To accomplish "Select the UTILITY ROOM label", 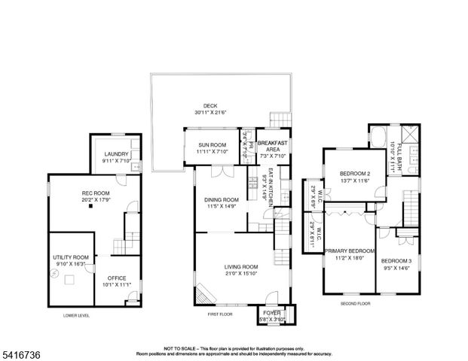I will (x=70, y=257).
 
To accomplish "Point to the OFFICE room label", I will (x=117, y=278).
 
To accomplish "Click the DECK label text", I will (x=210, y=106).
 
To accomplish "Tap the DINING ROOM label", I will (x=221, y=199).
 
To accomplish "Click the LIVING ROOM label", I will (x=240, y=267).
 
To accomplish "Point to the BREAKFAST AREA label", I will (x=271, y=143).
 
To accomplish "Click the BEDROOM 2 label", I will (x=349, y=174).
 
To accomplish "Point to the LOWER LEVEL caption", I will (x=76, y=317).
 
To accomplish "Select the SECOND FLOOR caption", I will (x=354, y=304).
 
